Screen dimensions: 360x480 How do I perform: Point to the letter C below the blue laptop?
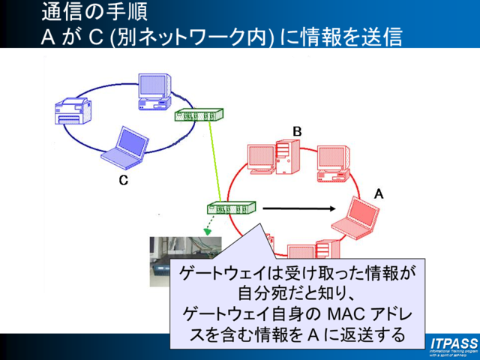(x=124, y=180)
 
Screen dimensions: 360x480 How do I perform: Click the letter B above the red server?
(x=297, y=131)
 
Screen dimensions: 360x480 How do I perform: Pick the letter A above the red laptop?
(x=379, y=193)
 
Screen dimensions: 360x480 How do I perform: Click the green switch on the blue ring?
(x=199, y=115)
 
